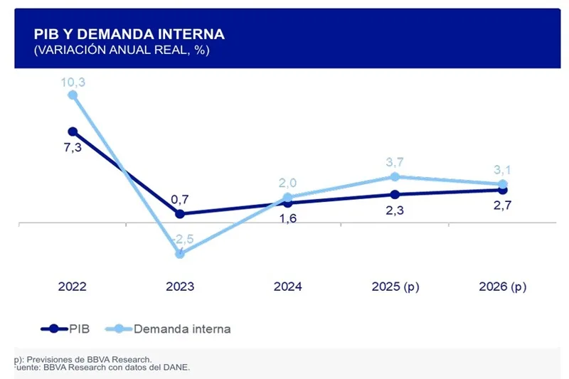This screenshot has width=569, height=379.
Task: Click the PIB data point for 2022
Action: point(73,132)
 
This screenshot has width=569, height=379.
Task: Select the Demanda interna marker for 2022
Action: point(73,95)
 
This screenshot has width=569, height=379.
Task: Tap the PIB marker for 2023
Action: point(180,213)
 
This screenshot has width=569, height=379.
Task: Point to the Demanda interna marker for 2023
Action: point(180,253)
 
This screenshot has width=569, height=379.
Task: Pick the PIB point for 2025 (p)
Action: point(395,194)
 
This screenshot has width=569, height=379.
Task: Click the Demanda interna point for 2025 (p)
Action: point(395,176)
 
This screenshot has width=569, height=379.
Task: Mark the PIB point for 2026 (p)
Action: point(503,190)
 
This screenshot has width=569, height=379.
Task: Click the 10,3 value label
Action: point(73,82)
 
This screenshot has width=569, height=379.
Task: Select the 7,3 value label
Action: point(73,147)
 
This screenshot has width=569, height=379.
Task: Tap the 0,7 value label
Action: point(180,200)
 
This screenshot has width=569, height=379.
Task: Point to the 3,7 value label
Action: point(395,163)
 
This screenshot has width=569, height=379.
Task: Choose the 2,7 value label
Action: point(503,205)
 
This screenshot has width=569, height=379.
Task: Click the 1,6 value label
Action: point(287,218)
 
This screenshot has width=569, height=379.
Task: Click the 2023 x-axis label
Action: point(180,287)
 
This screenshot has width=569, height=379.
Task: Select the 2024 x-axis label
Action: point(287,287)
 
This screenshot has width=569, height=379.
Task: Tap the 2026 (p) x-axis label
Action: point(503,287)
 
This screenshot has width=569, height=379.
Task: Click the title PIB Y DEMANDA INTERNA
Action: point(129,34)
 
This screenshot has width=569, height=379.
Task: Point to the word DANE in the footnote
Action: point(176,368)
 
